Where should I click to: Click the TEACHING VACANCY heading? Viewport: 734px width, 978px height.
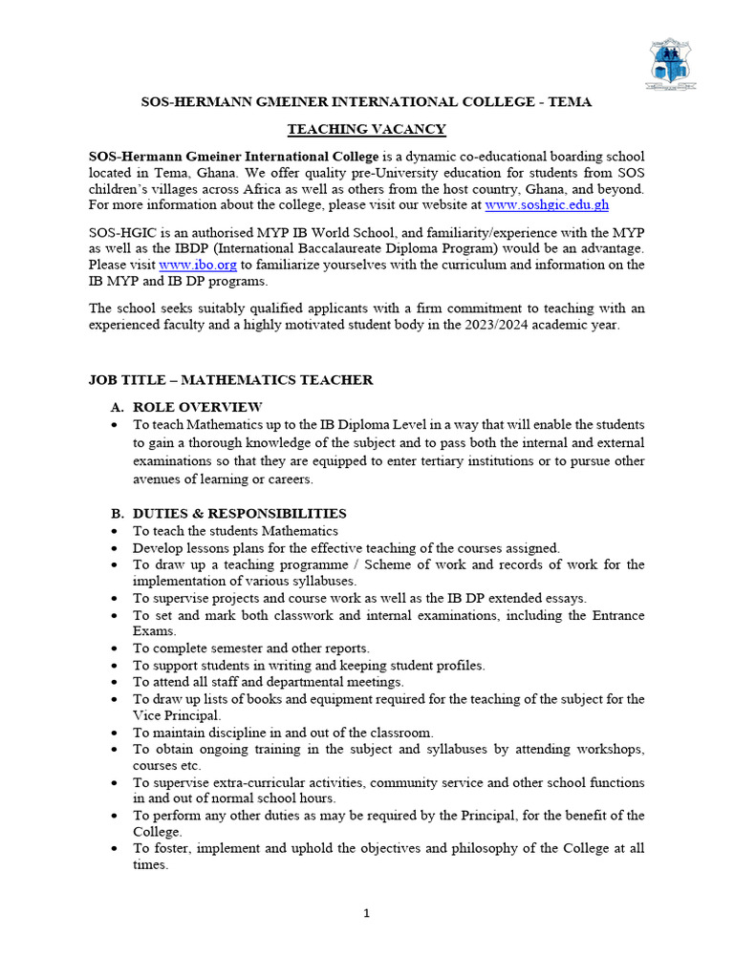[x=366, y=129]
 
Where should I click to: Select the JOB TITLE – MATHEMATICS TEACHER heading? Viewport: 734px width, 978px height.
[x=230, y=380]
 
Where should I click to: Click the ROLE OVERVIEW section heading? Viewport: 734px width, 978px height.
[x=197, y=407]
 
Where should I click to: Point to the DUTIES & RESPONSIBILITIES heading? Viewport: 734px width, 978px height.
[x=239, y=514]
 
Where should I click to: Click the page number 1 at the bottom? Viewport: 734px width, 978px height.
[x=366, y=913]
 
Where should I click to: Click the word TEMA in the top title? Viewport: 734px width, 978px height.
[x=571, y=102]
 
